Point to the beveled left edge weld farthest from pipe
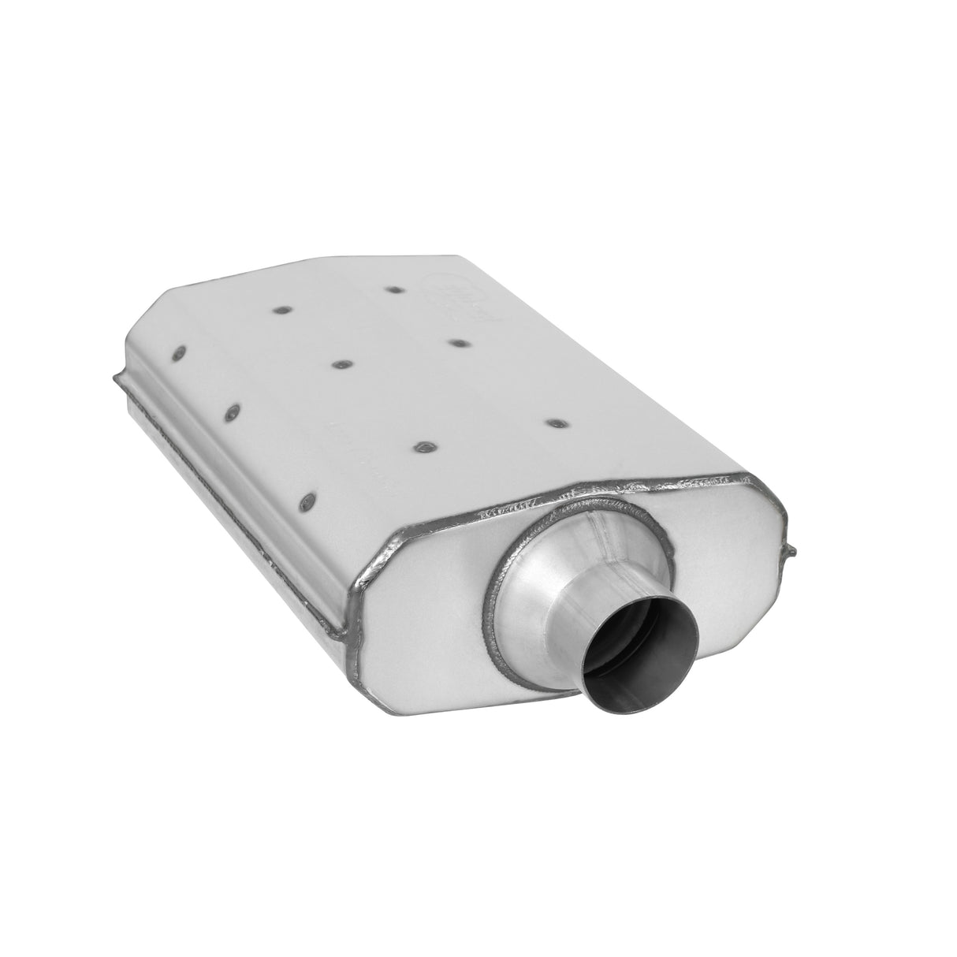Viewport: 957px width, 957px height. click(180, 352)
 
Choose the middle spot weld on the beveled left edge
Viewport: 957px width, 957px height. click(234, 413)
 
